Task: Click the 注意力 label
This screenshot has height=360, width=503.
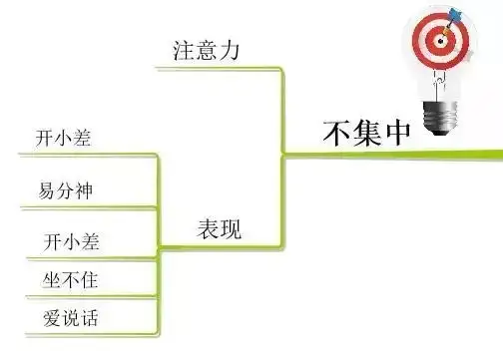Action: tap(206, 51)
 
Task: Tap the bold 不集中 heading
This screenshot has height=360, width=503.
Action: tap(366, 133)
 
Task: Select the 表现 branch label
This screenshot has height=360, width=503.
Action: tap(220, 228)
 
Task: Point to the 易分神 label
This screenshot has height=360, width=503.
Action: tap(65, 190)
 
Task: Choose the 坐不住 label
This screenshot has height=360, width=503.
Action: tap(70, 280)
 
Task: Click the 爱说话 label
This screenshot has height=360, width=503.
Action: tap(71, 318)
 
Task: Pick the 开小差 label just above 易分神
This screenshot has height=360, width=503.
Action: tap(63, 138)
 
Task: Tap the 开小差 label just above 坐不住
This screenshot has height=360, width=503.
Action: tap(71, 241)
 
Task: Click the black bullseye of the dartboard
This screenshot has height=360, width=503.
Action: tap(441, 41)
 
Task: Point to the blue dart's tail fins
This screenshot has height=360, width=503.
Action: tap(455, 14)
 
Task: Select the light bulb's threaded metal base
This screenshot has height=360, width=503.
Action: tap(440, 119)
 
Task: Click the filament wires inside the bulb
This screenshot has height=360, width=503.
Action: tap(439, 83)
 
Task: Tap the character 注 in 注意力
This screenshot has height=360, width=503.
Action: tap(184, 51)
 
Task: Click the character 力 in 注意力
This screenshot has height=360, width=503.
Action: tap(230, 51)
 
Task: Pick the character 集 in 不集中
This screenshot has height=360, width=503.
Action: tap(366, 133)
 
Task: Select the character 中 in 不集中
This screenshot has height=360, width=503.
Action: tap(398, 133)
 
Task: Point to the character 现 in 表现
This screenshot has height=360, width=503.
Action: tap(231, 229)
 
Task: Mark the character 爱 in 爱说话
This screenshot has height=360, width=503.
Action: tap(52, 318)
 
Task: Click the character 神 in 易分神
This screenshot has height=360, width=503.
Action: tap(84, 191)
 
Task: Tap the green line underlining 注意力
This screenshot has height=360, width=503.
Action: tap(219, 69)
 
